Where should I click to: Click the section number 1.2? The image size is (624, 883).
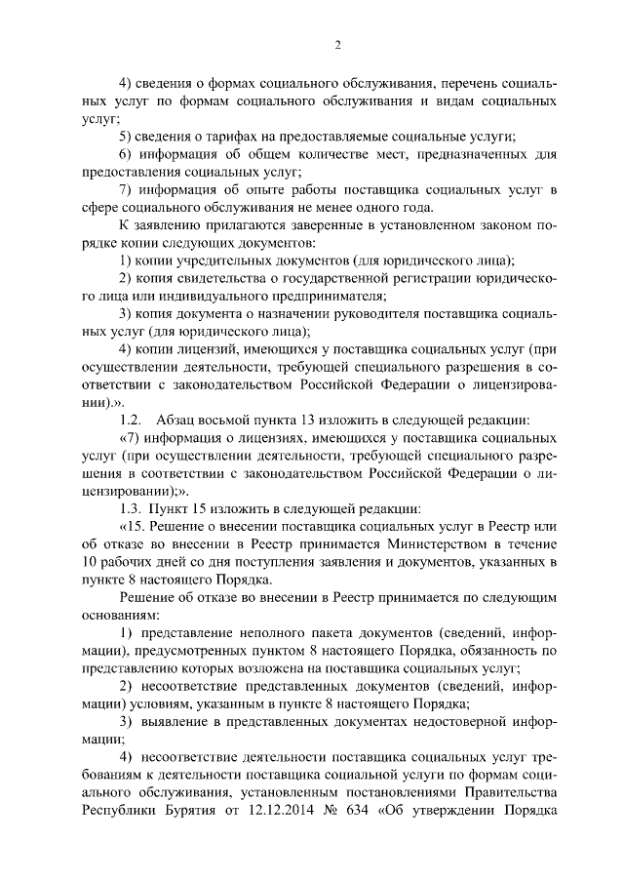coord(131,419)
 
